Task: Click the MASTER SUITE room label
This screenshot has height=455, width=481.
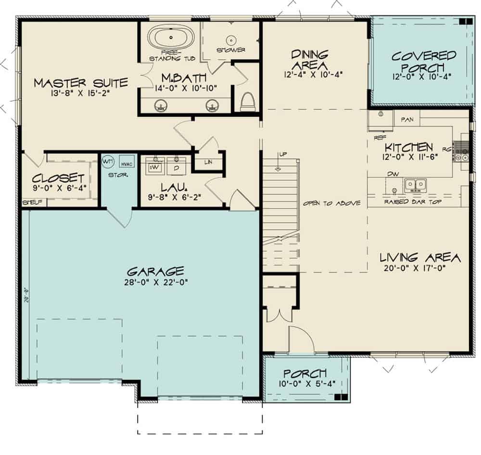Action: click(81, 83)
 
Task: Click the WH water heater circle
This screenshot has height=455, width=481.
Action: click(107, 162)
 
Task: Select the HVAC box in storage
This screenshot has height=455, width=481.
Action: click(126, 163)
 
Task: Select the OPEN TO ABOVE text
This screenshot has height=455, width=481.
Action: click(331, 203)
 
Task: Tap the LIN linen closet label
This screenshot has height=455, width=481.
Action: click(208, 162)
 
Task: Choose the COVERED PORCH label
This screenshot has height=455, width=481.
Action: click(423, 62)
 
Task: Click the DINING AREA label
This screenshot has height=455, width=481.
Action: click(309, 59)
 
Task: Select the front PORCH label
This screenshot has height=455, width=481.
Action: click(305, 373)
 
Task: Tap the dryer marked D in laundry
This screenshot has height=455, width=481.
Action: click(176, 167)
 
